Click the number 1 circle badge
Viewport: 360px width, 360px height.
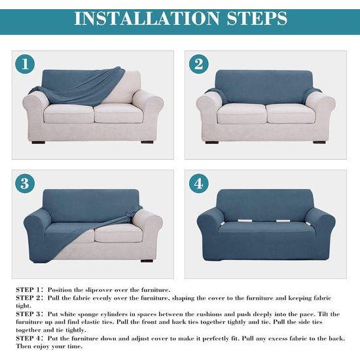(x=25, y=64)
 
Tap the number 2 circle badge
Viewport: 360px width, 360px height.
(x=199, y=64)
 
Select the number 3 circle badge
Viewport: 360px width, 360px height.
(x=25, y=183)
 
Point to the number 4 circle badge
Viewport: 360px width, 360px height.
(x=199, y=183)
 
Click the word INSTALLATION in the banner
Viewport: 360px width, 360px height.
(x=147, y=18)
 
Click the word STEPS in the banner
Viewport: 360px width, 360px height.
(x=257, y=18)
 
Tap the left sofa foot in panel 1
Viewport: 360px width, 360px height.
(x=39, y=142)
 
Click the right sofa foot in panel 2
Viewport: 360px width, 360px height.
(x=319, y=142)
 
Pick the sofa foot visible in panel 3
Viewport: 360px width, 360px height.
(x=147, y=261)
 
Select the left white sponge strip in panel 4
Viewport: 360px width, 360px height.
(x=245, y=221)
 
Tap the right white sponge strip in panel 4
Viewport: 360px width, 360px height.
(x=283, y=221)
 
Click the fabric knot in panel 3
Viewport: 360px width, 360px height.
(x=130, y=215)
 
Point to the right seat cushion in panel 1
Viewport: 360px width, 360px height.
(x=118, y=113)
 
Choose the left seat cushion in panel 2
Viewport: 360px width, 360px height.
(x=242, y=113)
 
